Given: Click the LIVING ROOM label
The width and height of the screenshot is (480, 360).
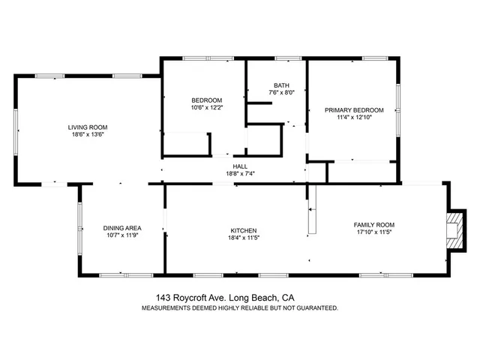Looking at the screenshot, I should pyautogui.click(x=88, y=127).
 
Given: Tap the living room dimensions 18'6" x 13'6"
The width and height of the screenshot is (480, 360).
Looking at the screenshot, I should pyautogui.click(x=88, y=136).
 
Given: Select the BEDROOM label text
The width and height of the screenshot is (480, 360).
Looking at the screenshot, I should pyautogui.click(x=206, y=100).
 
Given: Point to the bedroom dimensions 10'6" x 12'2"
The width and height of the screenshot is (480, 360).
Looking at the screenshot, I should pyautogui.click(x=206, y=108).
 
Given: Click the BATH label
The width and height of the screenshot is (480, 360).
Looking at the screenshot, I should pyautogui.click(x=281, y=85).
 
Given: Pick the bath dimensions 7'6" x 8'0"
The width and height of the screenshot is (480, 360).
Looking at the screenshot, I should pyautogui.click(x=281, y=93).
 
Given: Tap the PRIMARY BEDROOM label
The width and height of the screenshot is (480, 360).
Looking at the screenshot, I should pyautogui.click(x=354, y=109).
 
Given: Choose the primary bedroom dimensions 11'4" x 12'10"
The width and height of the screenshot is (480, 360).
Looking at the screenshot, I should pyautogui.click(x=354, y=117).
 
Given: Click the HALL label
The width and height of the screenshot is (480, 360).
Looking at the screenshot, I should pyautogui.click(x=240, y=166).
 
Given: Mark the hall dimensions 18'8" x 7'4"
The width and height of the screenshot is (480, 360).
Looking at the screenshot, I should pyautogui.click(x=240, y=174).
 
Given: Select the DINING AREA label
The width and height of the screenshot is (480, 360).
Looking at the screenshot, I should pyautogui.click(x=122, y=228).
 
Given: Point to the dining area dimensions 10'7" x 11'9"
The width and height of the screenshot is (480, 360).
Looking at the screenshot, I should pyautogui.click(x=122, y=235).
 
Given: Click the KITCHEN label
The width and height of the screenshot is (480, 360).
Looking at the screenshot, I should pyautogui.click(x=244, y=230).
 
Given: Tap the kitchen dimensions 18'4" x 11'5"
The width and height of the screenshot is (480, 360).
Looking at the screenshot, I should pyautogui.click(x=244, y=238).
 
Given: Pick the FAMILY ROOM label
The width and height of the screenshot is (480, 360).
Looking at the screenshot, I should pyautogui.click(x=373, y=225).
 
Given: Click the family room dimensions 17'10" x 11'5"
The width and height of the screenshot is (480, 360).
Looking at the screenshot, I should pyautogui.click(x=373, y=232).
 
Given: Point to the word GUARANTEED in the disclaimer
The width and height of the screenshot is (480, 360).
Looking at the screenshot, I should pyautogui.click(x=315, y=307).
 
